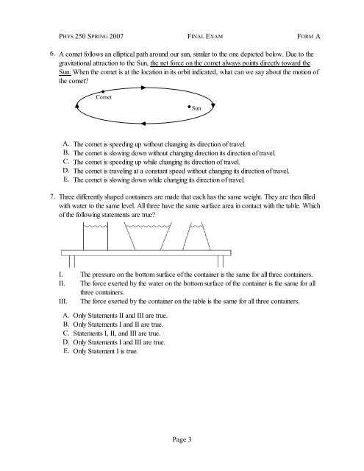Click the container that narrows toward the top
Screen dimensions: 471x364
click(x=199, y=237)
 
